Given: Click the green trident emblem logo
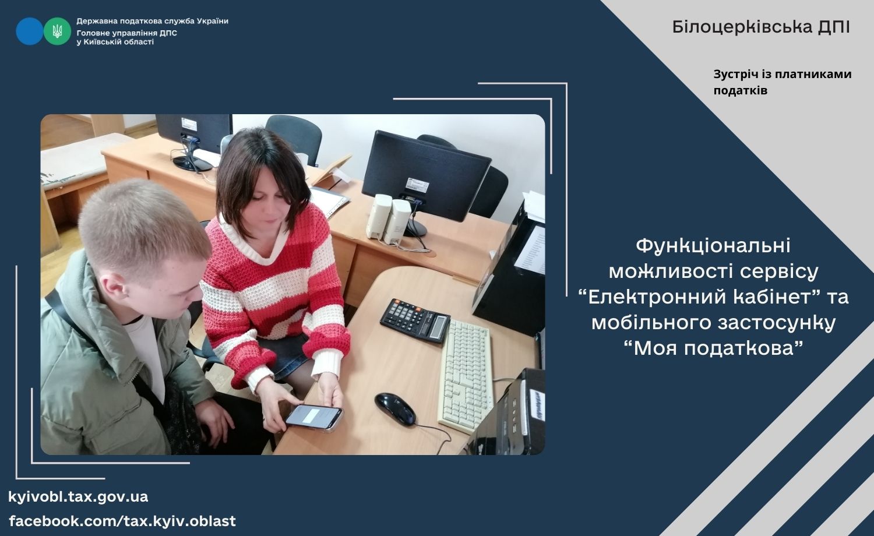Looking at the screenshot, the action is coord(57,31).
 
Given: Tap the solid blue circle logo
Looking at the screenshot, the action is coord(30,31).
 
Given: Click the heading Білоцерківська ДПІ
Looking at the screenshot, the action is coord(761,27).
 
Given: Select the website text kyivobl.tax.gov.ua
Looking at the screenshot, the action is coord(78,497).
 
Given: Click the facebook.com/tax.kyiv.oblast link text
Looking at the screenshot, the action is coord(122,521).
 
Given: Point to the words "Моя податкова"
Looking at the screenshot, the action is coord(713,348).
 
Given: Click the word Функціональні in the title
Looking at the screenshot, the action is coord(713,246).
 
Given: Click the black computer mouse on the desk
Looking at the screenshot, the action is coord(395,409).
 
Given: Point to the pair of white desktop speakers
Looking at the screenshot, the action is coord(388,218).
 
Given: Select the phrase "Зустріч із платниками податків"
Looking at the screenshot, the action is coord(783,82).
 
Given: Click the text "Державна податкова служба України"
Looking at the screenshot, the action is coord(152,21).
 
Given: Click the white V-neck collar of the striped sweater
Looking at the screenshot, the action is coord(258,242).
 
